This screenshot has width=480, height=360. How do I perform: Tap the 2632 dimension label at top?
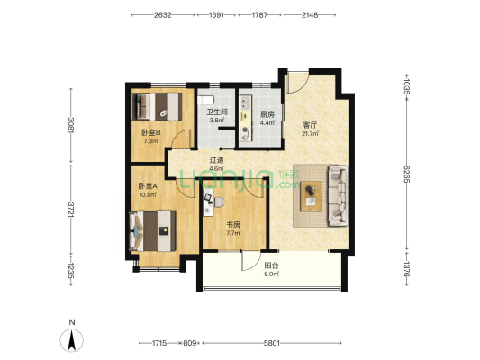[162, 15]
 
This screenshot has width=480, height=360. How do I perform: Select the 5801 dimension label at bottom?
[272, 343]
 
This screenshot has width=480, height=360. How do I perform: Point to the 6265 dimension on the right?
[406, 174]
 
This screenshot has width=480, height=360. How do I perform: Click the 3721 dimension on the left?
[71, 210]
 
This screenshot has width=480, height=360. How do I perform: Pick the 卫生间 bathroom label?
[217, 112]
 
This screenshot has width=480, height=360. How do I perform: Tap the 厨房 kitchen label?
[267, 114]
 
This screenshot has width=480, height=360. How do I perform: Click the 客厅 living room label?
[310, 125]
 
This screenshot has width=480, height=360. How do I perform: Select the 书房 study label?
[233, 225]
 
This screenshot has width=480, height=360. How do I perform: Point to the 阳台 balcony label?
[271, 265]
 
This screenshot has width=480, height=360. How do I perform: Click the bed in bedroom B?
[157, 106]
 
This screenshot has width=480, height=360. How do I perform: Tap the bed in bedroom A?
[153, 231]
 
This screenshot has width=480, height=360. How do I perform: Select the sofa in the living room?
[338, 196]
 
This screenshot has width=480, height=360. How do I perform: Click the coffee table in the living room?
[312, 196]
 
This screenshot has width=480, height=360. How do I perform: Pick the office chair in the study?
[219, 202]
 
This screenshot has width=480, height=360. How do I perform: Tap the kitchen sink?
[245, 103]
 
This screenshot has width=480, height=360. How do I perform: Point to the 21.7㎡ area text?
[310, 133]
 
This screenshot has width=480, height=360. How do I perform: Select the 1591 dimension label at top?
[216, 15]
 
